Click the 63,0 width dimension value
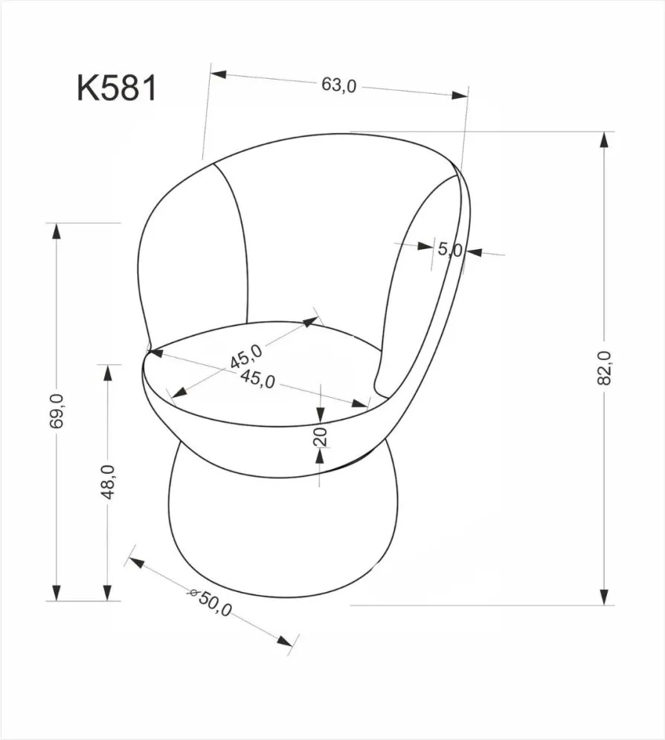[x=339, y=86]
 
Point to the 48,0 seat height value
[x=108, y=481]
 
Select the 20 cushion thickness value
[x=321, y=437]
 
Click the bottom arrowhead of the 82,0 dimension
[x=606, y=596]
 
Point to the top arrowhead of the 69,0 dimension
[x=56, y=231]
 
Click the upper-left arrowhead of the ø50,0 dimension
[x=137, y=560]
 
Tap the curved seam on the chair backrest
[x=240, y=238]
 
